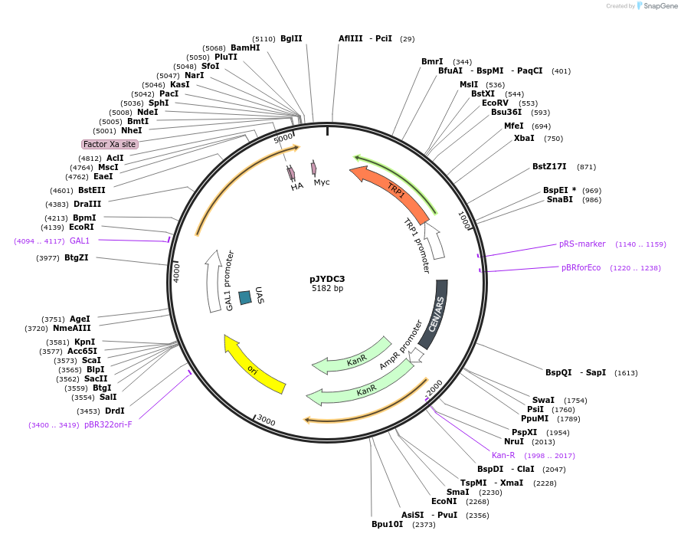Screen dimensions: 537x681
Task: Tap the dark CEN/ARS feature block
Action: click(x=434, y=314)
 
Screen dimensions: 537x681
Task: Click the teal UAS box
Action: click(x=245, y=297)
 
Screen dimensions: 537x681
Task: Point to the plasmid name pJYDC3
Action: click(x=327, y=278)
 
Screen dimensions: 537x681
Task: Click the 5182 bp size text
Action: click(x=327, y=289)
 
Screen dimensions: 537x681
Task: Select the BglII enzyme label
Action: click(x=291, y=38)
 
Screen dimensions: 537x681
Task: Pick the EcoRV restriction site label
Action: click(x=495, y=103)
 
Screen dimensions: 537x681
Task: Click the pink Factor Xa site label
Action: click(x=110, y=144)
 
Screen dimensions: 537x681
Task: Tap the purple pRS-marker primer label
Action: click(x=582, y=244)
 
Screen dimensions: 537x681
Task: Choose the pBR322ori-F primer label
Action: click(x=108, y=424)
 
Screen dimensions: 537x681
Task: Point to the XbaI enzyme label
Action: click(x=524, y=139)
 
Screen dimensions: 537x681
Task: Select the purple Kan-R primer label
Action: click(x=503, y=455)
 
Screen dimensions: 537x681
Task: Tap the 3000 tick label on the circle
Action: click(x=265, y=420)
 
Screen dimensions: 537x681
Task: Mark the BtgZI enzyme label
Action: click(x=76, y=257)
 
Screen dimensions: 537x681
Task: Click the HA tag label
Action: click(x=297, y=186)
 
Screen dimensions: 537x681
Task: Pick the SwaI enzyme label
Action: click(x=543, y=400)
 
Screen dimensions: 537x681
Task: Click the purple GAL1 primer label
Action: click(x=80, y=241)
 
